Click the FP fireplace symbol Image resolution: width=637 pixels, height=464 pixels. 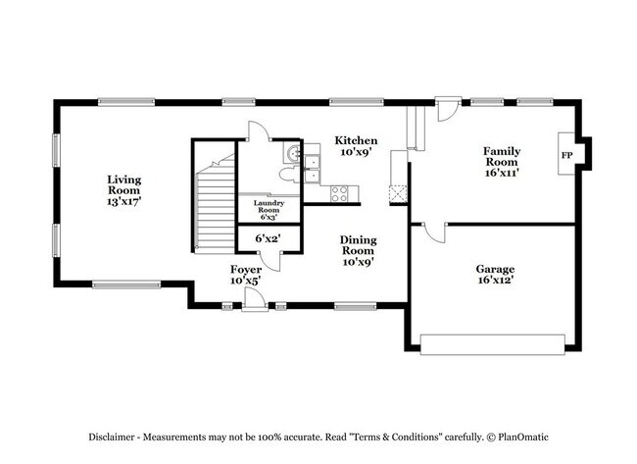[x=566, y=156]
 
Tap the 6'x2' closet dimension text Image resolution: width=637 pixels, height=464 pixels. [x=269, y=238]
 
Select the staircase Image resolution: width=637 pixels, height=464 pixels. [x=216, y=206]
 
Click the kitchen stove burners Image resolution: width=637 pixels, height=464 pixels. [x=340, y=192]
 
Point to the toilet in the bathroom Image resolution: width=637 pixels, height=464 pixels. [x=287, y=175]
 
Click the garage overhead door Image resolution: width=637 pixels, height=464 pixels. [x=492, y=343]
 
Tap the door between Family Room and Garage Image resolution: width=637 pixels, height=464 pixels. [x=435, y=232]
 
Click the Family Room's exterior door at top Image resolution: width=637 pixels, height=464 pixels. [x=447, y=108]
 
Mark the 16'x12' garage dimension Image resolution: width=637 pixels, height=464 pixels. [x=495, y=281]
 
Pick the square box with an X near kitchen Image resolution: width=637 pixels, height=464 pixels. [x=398, y=193]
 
